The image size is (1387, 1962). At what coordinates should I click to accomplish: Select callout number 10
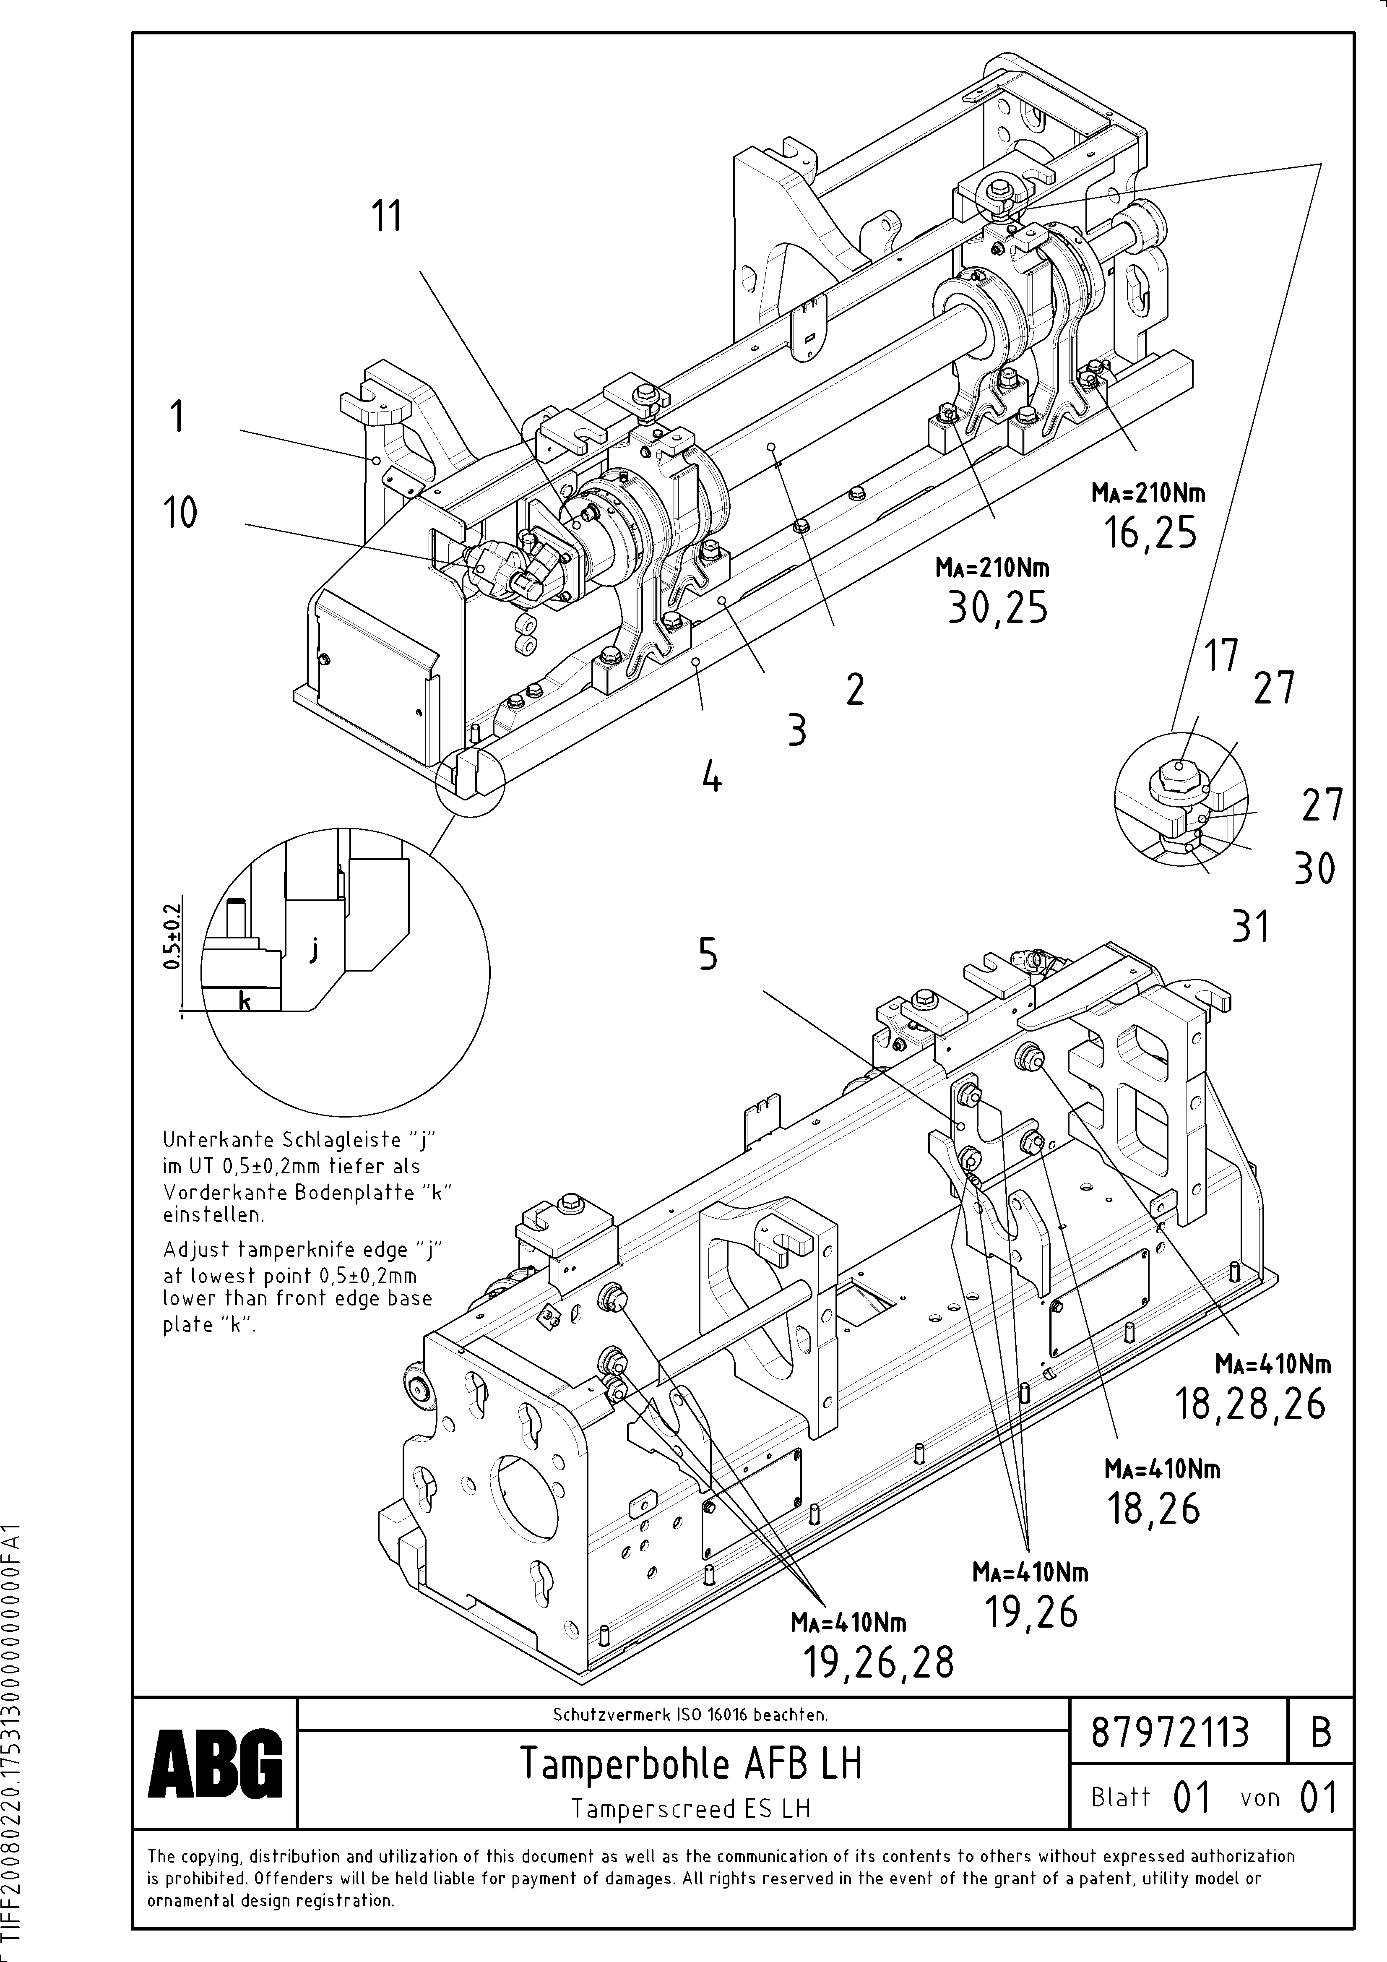[x=180, y=513]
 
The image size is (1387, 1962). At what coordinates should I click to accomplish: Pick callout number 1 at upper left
[x=177, y=418]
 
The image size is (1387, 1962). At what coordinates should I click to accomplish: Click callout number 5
[x=708, y=954]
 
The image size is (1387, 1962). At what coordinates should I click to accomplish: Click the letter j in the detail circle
[x=315, y=949]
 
